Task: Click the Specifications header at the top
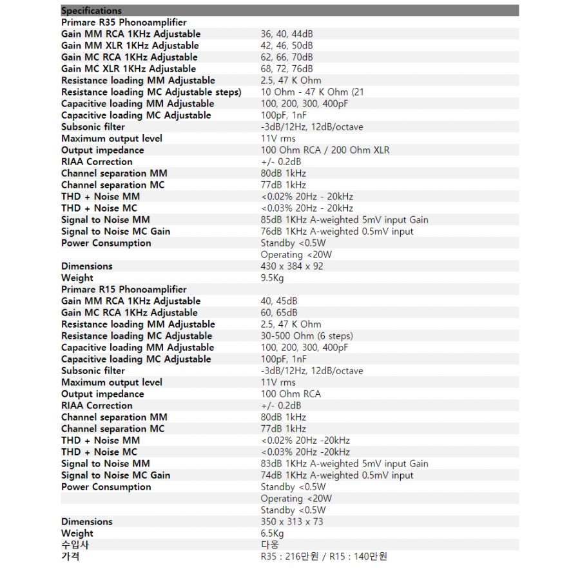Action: click(91, 11)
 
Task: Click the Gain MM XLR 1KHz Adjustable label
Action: click(130, 46)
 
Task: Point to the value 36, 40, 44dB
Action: click(286, 34)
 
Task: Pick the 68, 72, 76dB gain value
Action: click(286, 69)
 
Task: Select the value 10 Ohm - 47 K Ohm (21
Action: click(312, 92)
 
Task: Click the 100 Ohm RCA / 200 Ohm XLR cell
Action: click(325, 150)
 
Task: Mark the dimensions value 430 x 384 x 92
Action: click(292, 266)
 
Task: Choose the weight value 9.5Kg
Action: click(272, 278)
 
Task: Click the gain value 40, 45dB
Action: click(279, 301)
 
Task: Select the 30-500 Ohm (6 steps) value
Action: click(307, 336)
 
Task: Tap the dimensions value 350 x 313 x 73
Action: click(292, 522)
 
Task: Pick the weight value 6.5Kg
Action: click(272, 534)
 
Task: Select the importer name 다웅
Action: click(270, 545)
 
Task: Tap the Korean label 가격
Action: click(70, 557)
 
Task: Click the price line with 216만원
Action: click(324, 557)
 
